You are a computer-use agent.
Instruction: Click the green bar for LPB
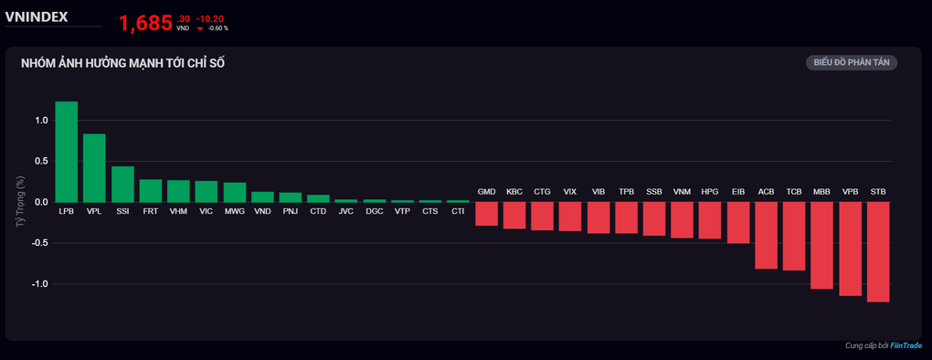[67, 152]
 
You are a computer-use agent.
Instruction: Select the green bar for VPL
[94, 168]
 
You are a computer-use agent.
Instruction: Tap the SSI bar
[123, 185]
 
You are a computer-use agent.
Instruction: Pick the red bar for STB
[878, 252]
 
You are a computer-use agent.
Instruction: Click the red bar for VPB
[850, 249]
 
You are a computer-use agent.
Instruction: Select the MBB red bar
[822, 246]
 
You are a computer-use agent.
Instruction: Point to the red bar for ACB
[767, 235]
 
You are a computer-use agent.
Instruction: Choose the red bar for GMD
[486, 214]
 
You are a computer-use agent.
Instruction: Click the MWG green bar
[235, 193]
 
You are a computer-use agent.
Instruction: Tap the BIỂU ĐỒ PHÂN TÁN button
[852, 63]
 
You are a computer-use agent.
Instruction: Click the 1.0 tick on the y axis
[40, 121]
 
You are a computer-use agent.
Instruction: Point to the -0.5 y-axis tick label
[38, 243]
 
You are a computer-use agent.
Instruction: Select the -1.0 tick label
[38, 284]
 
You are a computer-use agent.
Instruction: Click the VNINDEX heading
[37, 17]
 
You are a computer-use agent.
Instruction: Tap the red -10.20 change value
[210, 19]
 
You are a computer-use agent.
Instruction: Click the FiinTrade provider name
[906, 345]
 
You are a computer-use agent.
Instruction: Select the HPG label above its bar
[710, 192]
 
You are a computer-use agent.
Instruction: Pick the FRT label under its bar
[151, 211]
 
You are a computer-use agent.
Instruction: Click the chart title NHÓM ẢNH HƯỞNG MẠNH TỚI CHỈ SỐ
[123, 63]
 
